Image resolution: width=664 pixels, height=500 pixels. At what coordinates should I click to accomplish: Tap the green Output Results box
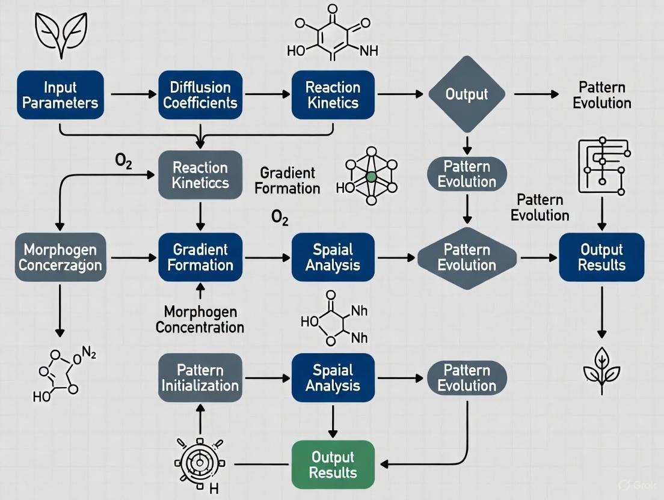tap(331, 465)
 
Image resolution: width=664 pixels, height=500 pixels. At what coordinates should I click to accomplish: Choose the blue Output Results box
tap(601, 257)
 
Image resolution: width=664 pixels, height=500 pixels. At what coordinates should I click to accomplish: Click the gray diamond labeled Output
tap(466, 94)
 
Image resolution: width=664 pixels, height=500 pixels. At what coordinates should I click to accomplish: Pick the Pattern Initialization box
tap(200, 377)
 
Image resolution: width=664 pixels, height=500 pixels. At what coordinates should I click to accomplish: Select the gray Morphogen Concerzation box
tap(60, 257)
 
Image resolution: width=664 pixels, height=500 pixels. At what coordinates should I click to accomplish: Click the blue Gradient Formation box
tap(200, 257)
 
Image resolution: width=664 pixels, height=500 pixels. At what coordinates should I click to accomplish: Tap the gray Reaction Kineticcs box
tap(200, 175)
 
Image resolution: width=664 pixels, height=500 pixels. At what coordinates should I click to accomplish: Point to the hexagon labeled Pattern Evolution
tap(466, 257)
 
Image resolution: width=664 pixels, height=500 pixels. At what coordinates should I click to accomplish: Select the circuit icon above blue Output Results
tap(603, 166)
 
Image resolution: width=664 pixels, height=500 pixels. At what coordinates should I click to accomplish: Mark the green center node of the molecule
tap(371, 177)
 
